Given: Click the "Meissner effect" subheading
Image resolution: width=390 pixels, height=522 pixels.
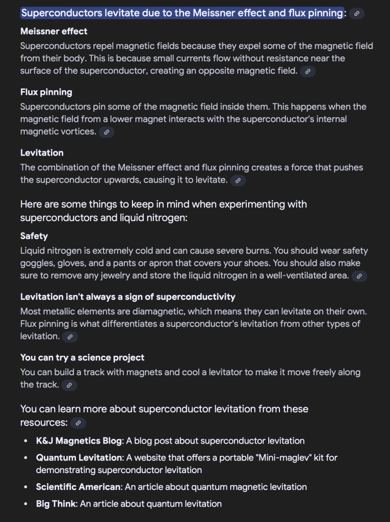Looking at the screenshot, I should click(x=54, y=32).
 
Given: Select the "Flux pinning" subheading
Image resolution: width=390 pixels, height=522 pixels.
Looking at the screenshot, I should click(x=46, y=92).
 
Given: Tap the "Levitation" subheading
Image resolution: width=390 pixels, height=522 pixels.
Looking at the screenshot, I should click(x=42, y=153).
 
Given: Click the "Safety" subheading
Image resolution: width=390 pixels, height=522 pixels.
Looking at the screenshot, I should click(x=34, y=236).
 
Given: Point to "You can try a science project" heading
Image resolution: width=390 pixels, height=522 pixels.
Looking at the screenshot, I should click(x=83, y=357).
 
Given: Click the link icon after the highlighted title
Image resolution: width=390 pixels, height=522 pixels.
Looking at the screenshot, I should click(x=357, y=14).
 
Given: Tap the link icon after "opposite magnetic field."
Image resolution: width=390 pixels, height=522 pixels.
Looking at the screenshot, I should click(x=307, y=72).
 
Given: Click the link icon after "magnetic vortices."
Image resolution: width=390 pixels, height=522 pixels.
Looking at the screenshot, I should click(x=106, y=132).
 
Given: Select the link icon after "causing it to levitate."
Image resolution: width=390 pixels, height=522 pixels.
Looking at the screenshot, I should click(x=238, y=180).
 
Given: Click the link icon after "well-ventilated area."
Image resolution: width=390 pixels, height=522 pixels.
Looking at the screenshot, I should click(x=359, y=276).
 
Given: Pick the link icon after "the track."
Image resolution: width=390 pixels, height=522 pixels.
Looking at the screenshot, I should click(x=69, y=385).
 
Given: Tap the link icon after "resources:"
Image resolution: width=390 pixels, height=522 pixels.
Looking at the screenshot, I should click(x=77, y=423).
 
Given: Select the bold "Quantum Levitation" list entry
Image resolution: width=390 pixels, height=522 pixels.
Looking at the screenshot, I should click(x=79, y=458).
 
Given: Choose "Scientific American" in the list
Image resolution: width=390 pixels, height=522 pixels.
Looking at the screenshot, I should click(x=79, y=487).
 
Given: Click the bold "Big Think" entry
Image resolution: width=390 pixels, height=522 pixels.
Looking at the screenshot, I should click(x=56, y=504).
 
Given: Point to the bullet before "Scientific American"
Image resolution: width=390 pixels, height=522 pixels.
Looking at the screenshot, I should click(x=25, y=487).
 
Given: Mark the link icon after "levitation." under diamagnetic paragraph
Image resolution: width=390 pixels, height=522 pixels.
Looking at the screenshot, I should click(x=69, y=337).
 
